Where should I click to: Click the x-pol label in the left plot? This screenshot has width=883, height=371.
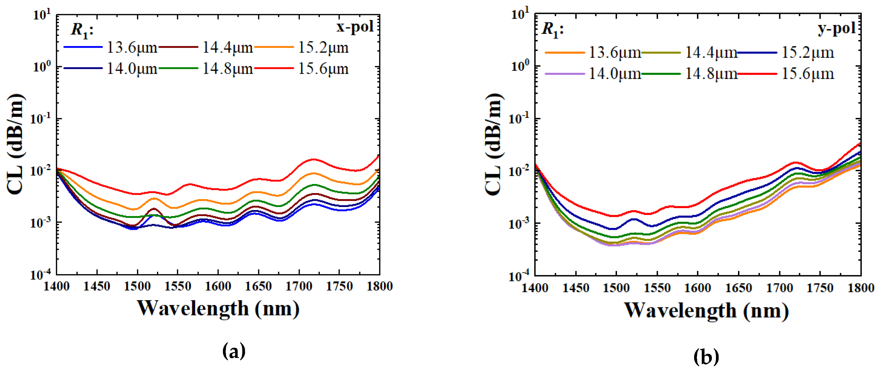tap(355, 27)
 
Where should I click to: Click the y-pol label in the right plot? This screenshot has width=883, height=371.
tap(837, 28)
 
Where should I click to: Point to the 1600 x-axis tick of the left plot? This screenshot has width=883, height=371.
tap(218, 286)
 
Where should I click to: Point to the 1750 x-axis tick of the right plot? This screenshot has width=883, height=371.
tap(820, 288)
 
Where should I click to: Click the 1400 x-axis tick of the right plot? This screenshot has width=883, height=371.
tap(535, 288)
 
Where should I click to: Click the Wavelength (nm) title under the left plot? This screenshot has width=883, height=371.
tap(218, 308)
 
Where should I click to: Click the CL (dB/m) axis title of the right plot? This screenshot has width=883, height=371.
tap(494, 144)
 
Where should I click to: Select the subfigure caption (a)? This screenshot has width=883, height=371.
tap(234, 351)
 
